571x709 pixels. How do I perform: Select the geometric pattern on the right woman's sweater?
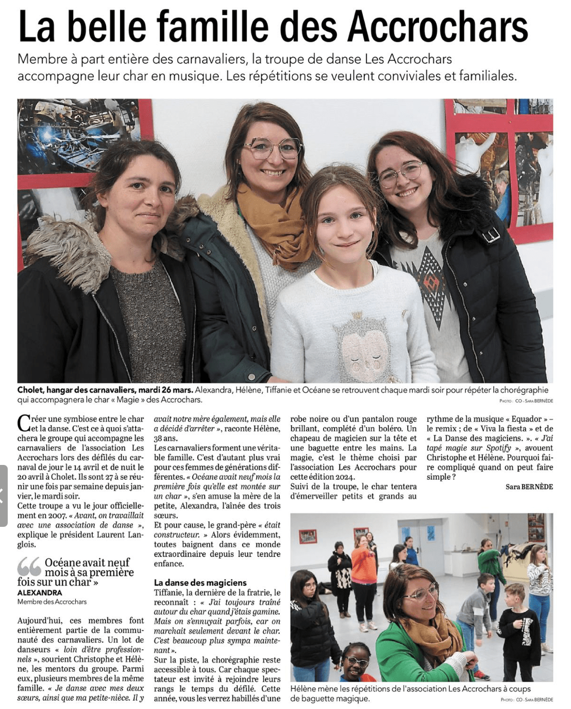click(x=430, y=279)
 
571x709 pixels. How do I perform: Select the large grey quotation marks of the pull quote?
click(x=29, y=567)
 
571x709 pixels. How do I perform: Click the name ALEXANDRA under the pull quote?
click(x=40, y=593)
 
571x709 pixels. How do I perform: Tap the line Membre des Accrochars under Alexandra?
click(x=52, y=602)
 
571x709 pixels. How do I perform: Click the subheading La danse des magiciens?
click(x=200, y=583)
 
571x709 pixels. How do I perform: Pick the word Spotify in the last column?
click(x=498, y=448)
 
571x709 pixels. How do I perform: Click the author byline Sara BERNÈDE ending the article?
click(x=529, y=487)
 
